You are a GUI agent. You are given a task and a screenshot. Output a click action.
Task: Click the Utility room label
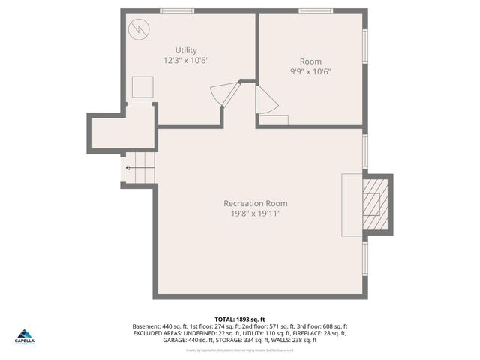tap(186, 50)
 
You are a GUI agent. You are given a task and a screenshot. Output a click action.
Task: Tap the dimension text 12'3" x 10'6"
tap(186, 60)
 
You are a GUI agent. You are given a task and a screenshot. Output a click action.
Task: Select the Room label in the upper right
tap(310, 61)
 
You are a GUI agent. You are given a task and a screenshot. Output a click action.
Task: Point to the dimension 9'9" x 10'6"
tap(310, 71)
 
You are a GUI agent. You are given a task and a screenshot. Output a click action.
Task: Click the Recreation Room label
tap(255, 203)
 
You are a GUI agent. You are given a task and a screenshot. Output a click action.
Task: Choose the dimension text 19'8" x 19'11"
tap(255, 214)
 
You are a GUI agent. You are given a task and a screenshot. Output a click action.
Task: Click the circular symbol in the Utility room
tap(139, 29)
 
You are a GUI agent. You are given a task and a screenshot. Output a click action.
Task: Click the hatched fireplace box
tap(373, 204)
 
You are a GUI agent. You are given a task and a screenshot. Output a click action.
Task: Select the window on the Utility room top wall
tap(177, 11)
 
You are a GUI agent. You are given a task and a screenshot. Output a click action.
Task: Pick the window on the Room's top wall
tap(316, 11)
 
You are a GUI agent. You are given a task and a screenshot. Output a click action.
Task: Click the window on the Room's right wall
tap(365, 46)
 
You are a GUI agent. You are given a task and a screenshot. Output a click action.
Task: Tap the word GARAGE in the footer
tap(175, 340)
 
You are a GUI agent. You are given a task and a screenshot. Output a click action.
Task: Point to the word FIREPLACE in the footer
tap(316, 333)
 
